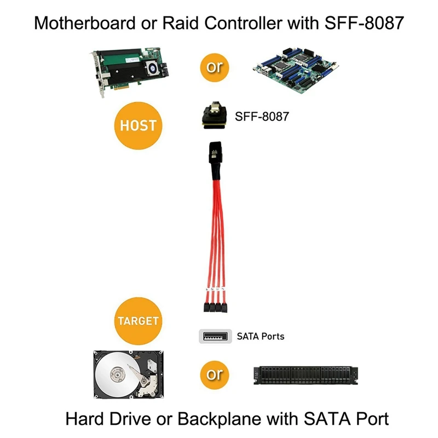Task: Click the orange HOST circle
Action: (137, 125)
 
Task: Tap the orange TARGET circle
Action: (137, 320)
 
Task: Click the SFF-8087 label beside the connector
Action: (261, 117)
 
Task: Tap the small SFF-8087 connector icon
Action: (213, 116)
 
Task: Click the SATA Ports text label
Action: (261, 336)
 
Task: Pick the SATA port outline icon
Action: (214, 336)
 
